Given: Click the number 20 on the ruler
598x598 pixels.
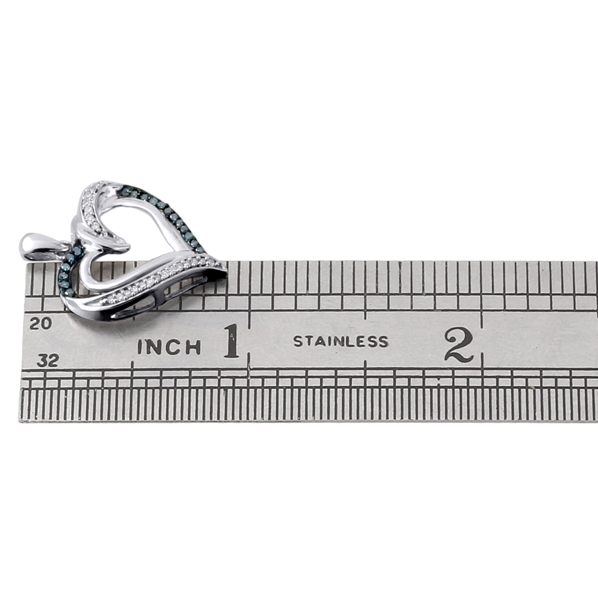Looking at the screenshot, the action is click(41, 324).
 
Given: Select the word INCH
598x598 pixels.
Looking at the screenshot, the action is click(169, 347).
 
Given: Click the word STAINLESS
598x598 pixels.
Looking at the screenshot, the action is click(341, 341).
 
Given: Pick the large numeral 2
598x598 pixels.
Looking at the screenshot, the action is click(459, 344).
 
